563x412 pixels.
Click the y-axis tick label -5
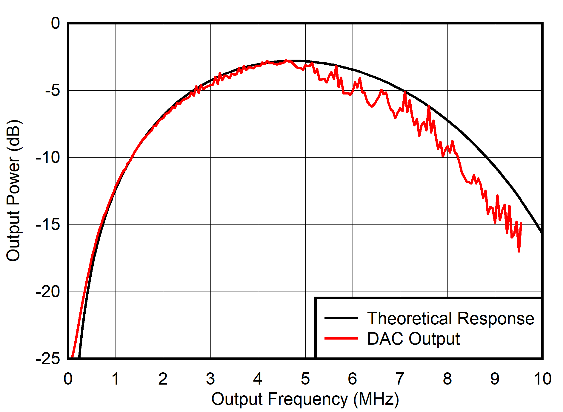[x=53, y=90]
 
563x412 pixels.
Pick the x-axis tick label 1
[x=116, y=379]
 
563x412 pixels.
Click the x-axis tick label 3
[x=210, y=379]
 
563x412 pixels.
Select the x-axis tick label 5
[x=305, y=379]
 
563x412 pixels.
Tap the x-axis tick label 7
[x=400, y=379]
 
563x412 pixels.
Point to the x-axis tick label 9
[x=495, y=379]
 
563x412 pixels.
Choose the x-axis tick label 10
[x=542, y=379]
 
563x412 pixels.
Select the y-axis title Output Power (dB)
[x=13, y=191]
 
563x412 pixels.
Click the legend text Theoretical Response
[x=450, y=318]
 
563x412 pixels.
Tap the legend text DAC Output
[x=413, y=339]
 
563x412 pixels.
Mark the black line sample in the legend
[x=341, y=318]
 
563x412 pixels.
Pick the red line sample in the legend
[x=341, y=338]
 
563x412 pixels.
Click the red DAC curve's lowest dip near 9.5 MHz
[x=519, y=251]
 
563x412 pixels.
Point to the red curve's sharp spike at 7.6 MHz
[x=429, y=106]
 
